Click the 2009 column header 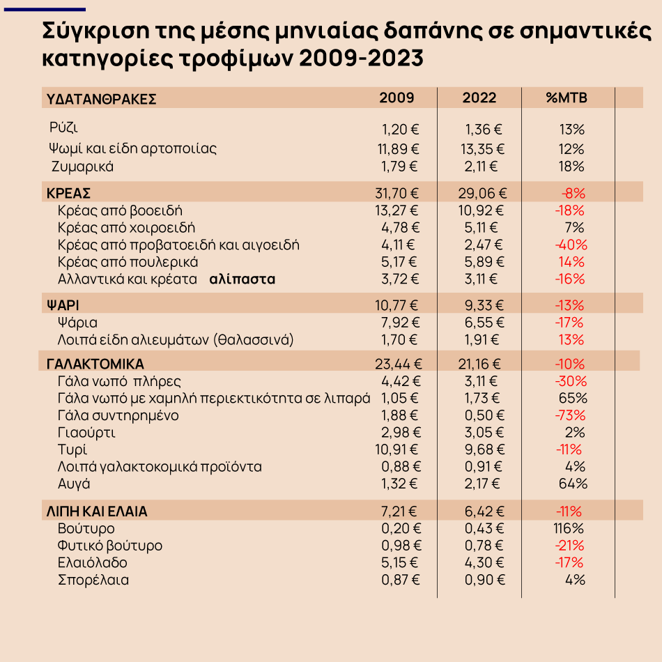click(x=397, y=98)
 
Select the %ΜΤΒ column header click(x=566, y=98)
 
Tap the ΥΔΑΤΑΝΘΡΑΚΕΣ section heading click(x=101, y=99)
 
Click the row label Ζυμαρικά click(x=82, y=167)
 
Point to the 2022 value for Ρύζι click(x=484, y=129)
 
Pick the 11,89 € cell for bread click(x=398, y=149)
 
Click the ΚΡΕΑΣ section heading click(x=68, y=193)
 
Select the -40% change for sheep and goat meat click(x=571, y=245)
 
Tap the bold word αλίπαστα click(x=243, y=279)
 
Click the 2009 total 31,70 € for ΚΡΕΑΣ click(x=397, y=193)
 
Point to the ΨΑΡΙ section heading click(x=63, y=305)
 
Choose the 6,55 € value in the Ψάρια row click(x=484, y=323)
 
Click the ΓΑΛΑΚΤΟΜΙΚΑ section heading click(x=95, y=364)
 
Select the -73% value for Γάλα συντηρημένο click(x=570, y=415)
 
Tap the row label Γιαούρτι click(x=86, y=433)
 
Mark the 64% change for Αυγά click(x=573, y=484)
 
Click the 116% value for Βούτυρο click(x=568, y=528)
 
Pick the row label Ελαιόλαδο click(x=93, y=562)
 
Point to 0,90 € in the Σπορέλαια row click(x=485, y=580)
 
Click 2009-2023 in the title click(x=361, y=58)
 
